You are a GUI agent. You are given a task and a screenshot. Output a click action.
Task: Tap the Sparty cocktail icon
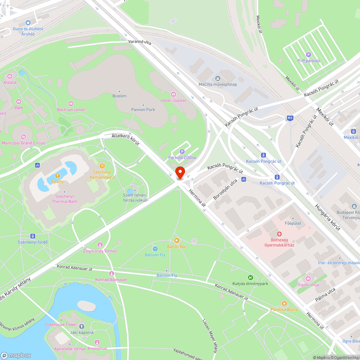pos(57,175)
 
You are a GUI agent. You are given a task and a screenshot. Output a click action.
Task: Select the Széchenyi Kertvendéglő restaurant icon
pos(102,166)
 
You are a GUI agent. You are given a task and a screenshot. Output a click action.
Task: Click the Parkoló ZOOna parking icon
pos(182,152)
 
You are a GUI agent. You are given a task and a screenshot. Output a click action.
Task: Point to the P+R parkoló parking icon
pos(309,54)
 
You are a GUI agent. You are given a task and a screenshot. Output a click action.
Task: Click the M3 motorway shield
pos(290,118)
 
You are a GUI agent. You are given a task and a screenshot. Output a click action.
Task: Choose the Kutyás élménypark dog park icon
pos(250,277)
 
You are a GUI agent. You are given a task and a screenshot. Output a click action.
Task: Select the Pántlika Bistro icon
pos(284,303)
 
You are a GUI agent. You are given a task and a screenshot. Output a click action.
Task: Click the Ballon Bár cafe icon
pos(176,240)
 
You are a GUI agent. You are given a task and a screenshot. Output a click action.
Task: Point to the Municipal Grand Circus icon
pos(23,136)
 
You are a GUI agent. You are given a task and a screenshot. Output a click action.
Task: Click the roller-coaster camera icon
pos(174,94)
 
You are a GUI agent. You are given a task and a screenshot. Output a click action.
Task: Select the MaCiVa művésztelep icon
pos(217,78)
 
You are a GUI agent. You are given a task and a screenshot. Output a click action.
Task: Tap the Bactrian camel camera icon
pos(71,103)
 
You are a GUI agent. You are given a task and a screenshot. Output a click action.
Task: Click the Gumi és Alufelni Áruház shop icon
pos(28,22)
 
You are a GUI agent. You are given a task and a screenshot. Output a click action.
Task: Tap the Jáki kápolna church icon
pos(82,326)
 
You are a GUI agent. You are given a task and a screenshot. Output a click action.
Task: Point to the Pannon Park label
pos(143,109)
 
